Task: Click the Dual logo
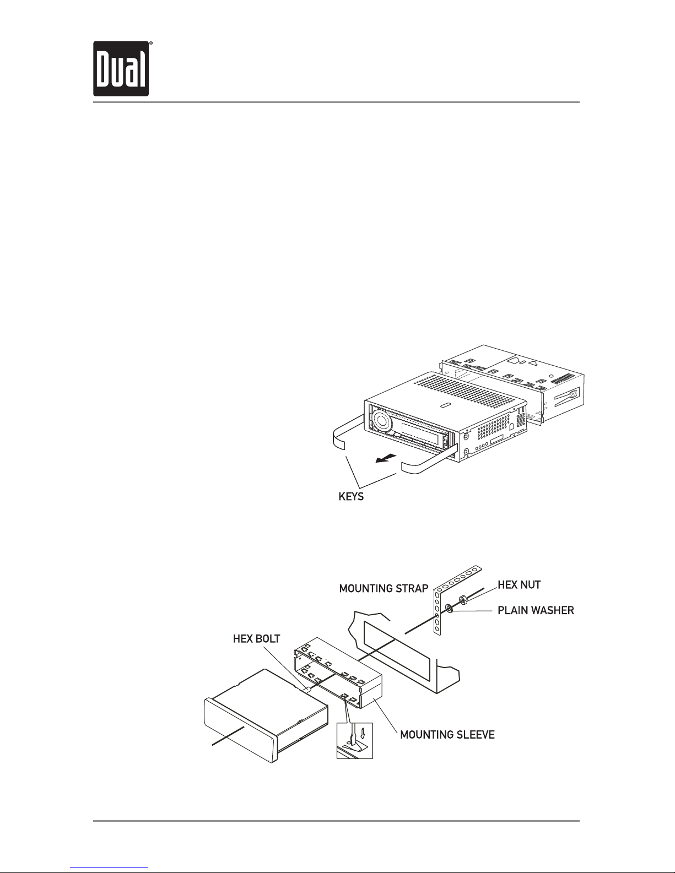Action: point(121,69)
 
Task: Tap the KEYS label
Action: point(351,497)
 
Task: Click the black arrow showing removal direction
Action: point(386,458)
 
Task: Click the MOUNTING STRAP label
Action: point(384,589)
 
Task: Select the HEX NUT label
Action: point(519,584)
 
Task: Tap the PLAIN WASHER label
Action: point(536,610)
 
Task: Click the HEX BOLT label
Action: point(256,639)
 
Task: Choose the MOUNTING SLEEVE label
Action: point(447,735)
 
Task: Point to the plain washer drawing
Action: point(449,609)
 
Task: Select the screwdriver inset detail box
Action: point(355,741)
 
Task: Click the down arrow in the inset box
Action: point(363,734)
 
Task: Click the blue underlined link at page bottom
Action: point(109,870)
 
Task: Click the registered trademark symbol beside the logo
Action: point(150,42)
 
